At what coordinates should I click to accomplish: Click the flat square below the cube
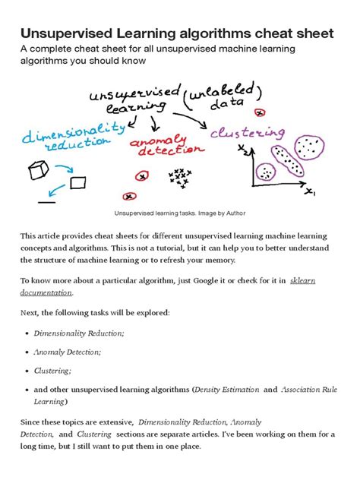[77, 183]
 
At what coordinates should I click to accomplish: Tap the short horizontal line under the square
[46, 202]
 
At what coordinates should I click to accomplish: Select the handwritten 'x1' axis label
[309, 192]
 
